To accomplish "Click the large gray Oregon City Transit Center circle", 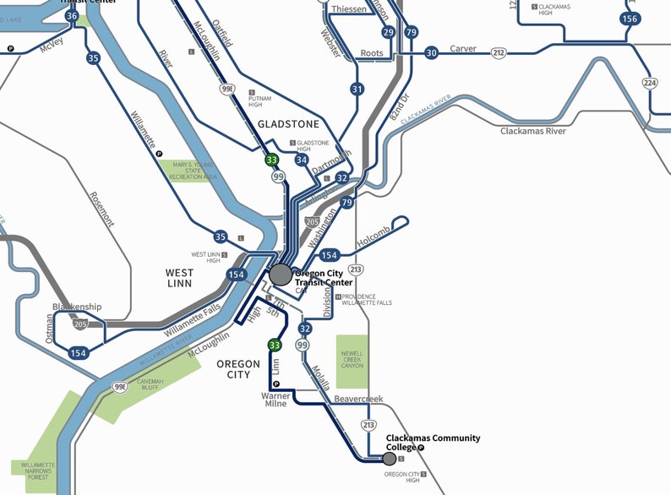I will click(x=281, y=274).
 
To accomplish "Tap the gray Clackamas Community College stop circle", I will click(x=389, y=459).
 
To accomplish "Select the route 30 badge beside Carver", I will click(x=431, y=52).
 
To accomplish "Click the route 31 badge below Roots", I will click(x=357, y=89).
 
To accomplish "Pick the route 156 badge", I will click(x=629, y=19).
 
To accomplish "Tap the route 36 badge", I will click(x=72, y=16).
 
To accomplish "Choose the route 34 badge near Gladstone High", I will click(x=302, y=159).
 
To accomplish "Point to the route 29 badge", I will click(x=388, y=32).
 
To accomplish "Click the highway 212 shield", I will click(x=499, y=53).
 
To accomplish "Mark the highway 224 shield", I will click(x=649, y=82).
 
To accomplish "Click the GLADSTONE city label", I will click(x=288, y=123).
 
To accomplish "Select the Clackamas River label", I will click(x=532, y=131).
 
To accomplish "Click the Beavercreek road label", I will click(x=358, y=398).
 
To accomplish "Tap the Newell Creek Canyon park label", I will click(x=352, y=359).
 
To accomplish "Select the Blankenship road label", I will click(x=77, y=307).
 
